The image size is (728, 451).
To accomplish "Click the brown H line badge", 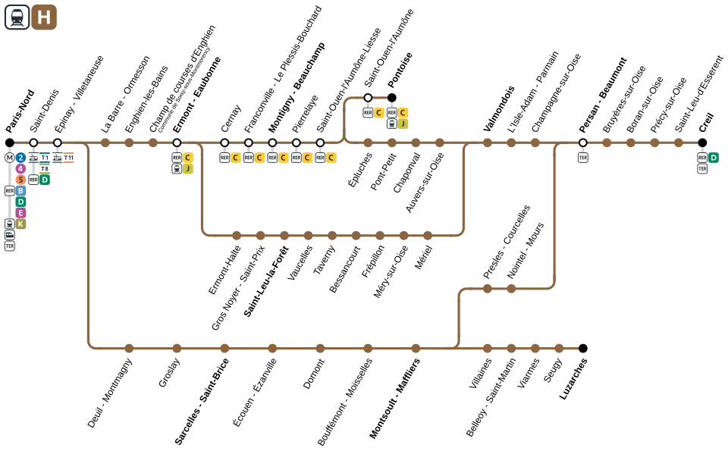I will coord(44,17).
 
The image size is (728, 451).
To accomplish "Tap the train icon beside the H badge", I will coord(17,17).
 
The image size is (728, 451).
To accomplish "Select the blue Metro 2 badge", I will coord(21,158).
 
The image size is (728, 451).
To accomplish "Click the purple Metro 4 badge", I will coord(21,169).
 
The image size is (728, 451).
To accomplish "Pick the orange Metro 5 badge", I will coord(21,180).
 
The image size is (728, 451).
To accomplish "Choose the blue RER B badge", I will coord(21,191).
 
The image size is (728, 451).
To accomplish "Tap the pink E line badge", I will coord(21,213).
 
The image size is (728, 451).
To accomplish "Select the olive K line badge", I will coord(21,224).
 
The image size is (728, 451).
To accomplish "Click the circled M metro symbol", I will coord(9,158).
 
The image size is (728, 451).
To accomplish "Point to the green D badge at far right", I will coord(714,158).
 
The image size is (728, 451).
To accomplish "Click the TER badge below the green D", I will coord(702,169).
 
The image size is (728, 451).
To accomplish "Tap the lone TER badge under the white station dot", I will coord(582,158).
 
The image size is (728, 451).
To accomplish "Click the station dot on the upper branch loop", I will coord(368,98).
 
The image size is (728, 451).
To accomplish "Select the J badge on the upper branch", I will coord(403,124).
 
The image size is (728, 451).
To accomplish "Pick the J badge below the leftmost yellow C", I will coord(188,169).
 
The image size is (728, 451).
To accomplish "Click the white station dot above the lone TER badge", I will coord(582,143).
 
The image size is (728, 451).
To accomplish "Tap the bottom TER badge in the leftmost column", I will coord(9,246).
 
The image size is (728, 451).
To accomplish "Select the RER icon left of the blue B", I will coord(9,191).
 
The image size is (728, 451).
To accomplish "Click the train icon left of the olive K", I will coord(9,224).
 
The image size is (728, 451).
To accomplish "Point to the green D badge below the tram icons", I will coord(45,180).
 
